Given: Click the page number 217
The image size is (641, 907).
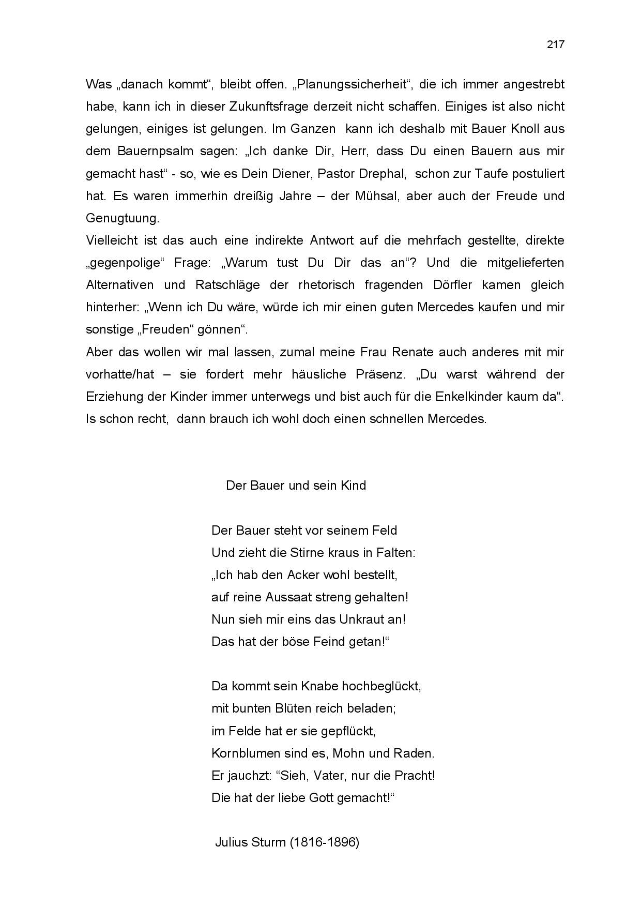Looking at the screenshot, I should click(556, 44).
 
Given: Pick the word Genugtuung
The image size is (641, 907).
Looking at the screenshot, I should click(122, 218).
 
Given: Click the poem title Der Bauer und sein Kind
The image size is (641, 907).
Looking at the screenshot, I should click(296, 486).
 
